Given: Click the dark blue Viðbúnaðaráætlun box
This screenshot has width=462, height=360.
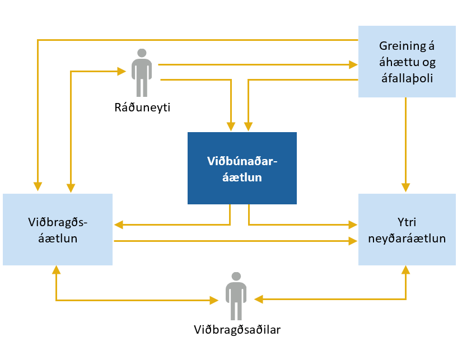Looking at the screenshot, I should (241, 168).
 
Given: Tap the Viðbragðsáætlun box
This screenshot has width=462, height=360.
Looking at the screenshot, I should (57, 230).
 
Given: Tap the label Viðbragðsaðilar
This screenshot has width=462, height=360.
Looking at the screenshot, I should (236, 329).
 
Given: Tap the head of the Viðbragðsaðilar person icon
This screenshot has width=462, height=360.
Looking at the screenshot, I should (236, 276).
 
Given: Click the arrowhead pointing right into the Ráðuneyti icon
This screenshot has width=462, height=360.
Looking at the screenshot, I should (121, 71).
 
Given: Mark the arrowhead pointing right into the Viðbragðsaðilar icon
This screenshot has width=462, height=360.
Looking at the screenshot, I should (214, 301).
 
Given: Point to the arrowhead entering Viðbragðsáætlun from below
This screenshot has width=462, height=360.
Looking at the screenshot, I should (55, 270).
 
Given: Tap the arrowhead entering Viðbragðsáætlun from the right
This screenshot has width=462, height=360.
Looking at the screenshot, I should (118, 225).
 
